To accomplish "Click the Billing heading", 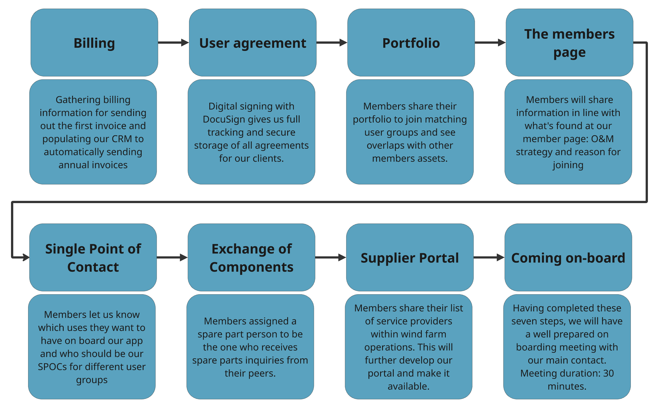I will [x=94, y=43].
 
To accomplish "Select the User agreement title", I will [x=252, y=43].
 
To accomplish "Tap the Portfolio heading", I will [x=411, y=43].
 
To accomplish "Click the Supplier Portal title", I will [x=410, y=258].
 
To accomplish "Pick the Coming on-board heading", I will [x=568, y=258].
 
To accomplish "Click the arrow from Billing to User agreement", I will [x=173, y=43].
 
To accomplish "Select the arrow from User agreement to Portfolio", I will [x=331, y=43].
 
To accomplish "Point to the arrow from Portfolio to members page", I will [x=490, y=43].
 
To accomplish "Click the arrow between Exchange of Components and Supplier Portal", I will [x=330, y=257].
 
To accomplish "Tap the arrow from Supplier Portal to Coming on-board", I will [x=489, y=257].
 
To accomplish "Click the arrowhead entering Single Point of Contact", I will [x=26, y=257].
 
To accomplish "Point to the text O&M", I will [x=602, y=139].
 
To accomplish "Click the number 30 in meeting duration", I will [x=608, y=373].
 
